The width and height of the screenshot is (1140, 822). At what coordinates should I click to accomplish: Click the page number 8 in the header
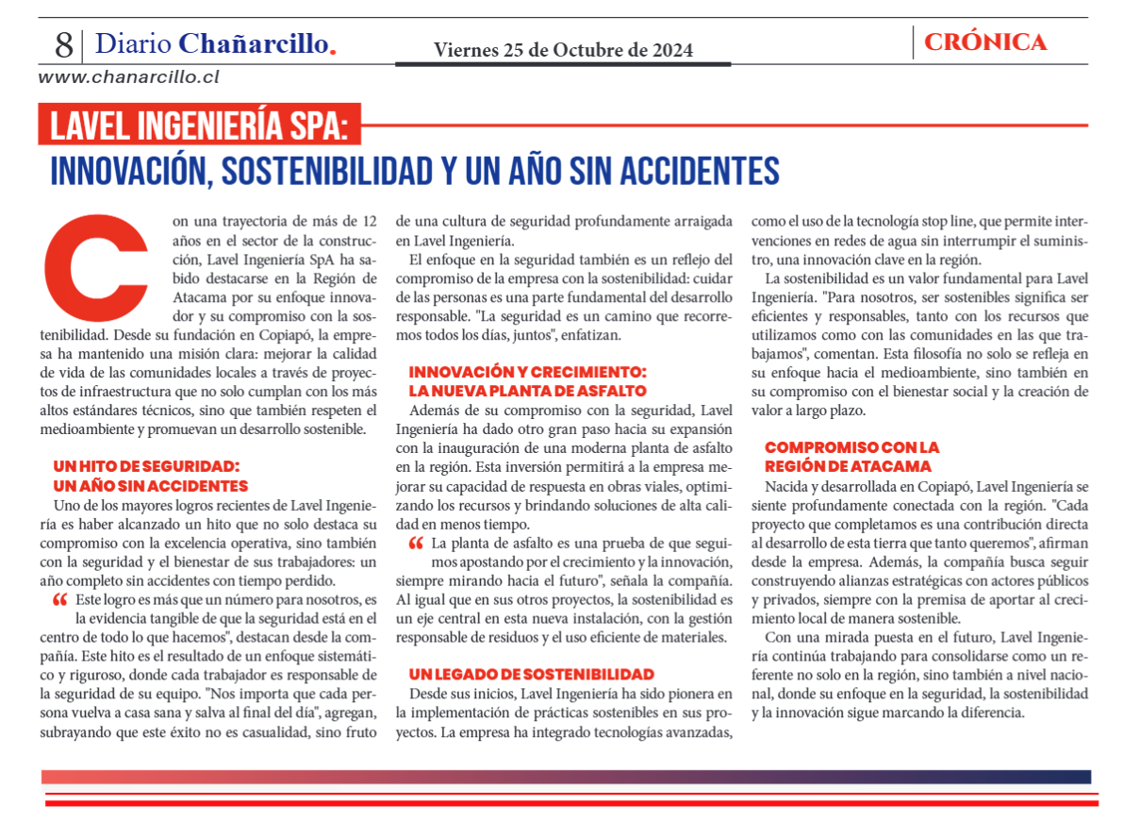pyautogui.click(x=63, y=43)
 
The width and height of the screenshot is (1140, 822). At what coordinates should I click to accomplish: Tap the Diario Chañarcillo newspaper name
pyautogui.click(x=215, y=43)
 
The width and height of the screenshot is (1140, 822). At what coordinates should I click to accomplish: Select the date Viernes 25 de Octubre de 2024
pyautogui.click(x=563, y=49)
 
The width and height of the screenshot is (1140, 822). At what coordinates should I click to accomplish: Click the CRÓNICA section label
pyautogui.click(x=985, y=42)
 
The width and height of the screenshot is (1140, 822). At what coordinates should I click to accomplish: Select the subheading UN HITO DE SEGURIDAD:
pyautogui.click(x=146, y=465)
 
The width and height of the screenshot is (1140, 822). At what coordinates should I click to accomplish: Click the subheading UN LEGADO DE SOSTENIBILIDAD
pyautogui.click(x=531, y=674)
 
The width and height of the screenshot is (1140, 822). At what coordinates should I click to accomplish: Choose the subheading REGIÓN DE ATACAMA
pyautogui.click(x=847, y=466)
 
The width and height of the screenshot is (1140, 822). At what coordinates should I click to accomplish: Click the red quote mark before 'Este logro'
pyautogui.click(x=59, y=600)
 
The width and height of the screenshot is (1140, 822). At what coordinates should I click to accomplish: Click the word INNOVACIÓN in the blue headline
pyautogui.click(x=121, y=171)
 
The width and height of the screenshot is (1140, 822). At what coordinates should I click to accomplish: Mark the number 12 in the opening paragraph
pyautogui.click(x=370, y=222)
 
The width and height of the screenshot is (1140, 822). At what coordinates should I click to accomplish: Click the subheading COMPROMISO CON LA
pyautogui.click(x=851, y=447)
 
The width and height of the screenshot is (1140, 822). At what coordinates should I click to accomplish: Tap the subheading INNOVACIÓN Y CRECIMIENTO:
pyautogui.click(x=527, y=372)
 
